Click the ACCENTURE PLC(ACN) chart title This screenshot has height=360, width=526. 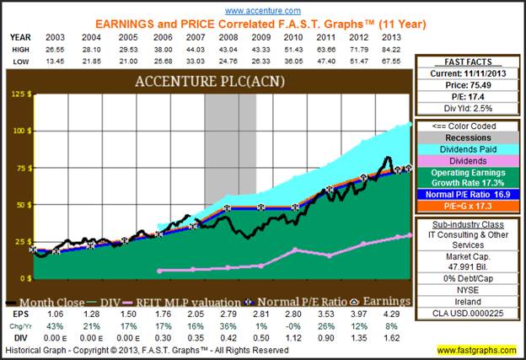click(210, 83)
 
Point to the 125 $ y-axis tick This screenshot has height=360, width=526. click(18, 94)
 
